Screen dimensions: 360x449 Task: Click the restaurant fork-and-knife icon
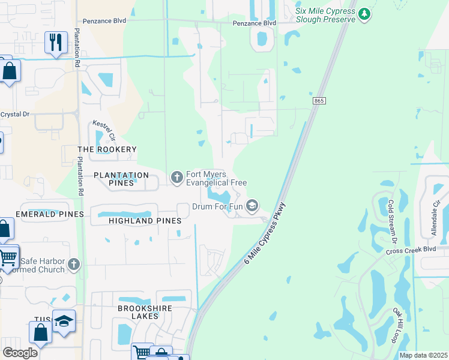tap(56, 42)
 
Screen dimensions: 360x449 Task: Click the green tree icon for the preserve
tap(364, 14)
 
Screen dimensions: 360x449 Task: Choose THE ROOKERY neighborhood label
tap(107, 149)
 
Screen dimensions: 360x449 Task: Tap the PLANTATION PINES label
tap(121, 175)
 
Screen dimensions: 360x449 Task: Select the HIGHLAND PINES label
tap(145, 221)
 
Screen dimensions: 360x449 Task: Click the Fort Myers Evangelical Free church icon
tap(176, 177)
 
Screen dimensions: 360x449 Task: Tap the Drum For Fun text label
tap(217, 206)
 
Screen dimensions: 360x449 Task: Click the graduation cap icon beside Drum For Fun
tap(252, 206)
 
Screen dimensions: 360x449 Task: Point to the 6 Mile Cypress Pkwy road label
tap(265, 235)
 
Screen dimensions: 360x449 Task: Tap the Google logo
tap(20, 353)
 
